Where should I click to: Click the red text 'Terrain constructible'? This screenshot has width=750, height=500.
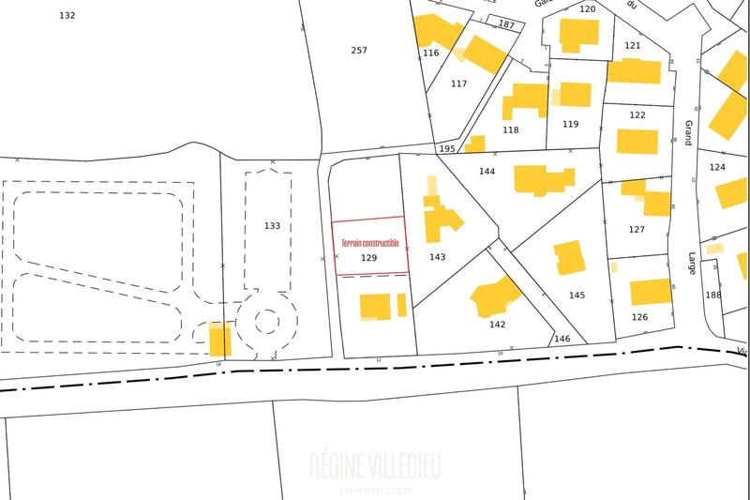click(369, 243)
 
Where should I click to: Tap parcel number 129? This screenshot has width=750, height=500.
click(369, 256)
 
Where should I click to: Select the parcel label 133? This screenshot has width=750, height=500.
click(272, 226)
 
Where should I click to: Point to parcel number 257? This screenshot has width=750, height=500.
click(359, 50)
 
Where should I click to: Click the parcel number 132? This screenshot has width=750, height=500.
click(67, 16)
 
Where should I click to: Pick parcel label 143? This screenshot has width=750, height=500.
click(437, 257)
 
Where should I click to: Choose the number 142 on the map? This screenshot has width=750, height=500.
click(497, 325)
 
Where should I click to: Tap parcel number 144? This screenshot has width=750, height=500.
click(487, 172)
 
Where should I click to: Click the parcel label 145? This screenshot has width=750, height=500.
click(577, 295)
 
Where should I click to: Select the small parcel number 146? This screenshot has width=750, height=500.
click(562, 339)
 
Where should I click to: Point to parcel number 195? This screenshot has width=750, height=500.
click(447, 149)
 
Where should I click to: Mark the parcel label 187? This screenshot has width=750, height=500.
click(507, 24)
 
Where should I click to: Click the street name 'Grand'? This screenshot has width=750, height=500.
click(688, 132)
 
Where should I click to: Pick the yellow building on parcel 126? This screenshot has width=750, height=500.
click(651, 292)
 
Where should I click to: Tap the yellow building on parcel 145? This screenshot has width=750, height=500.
click(569, 257)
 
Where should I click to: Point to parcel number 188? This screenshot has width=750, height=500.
click(713, 295)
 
